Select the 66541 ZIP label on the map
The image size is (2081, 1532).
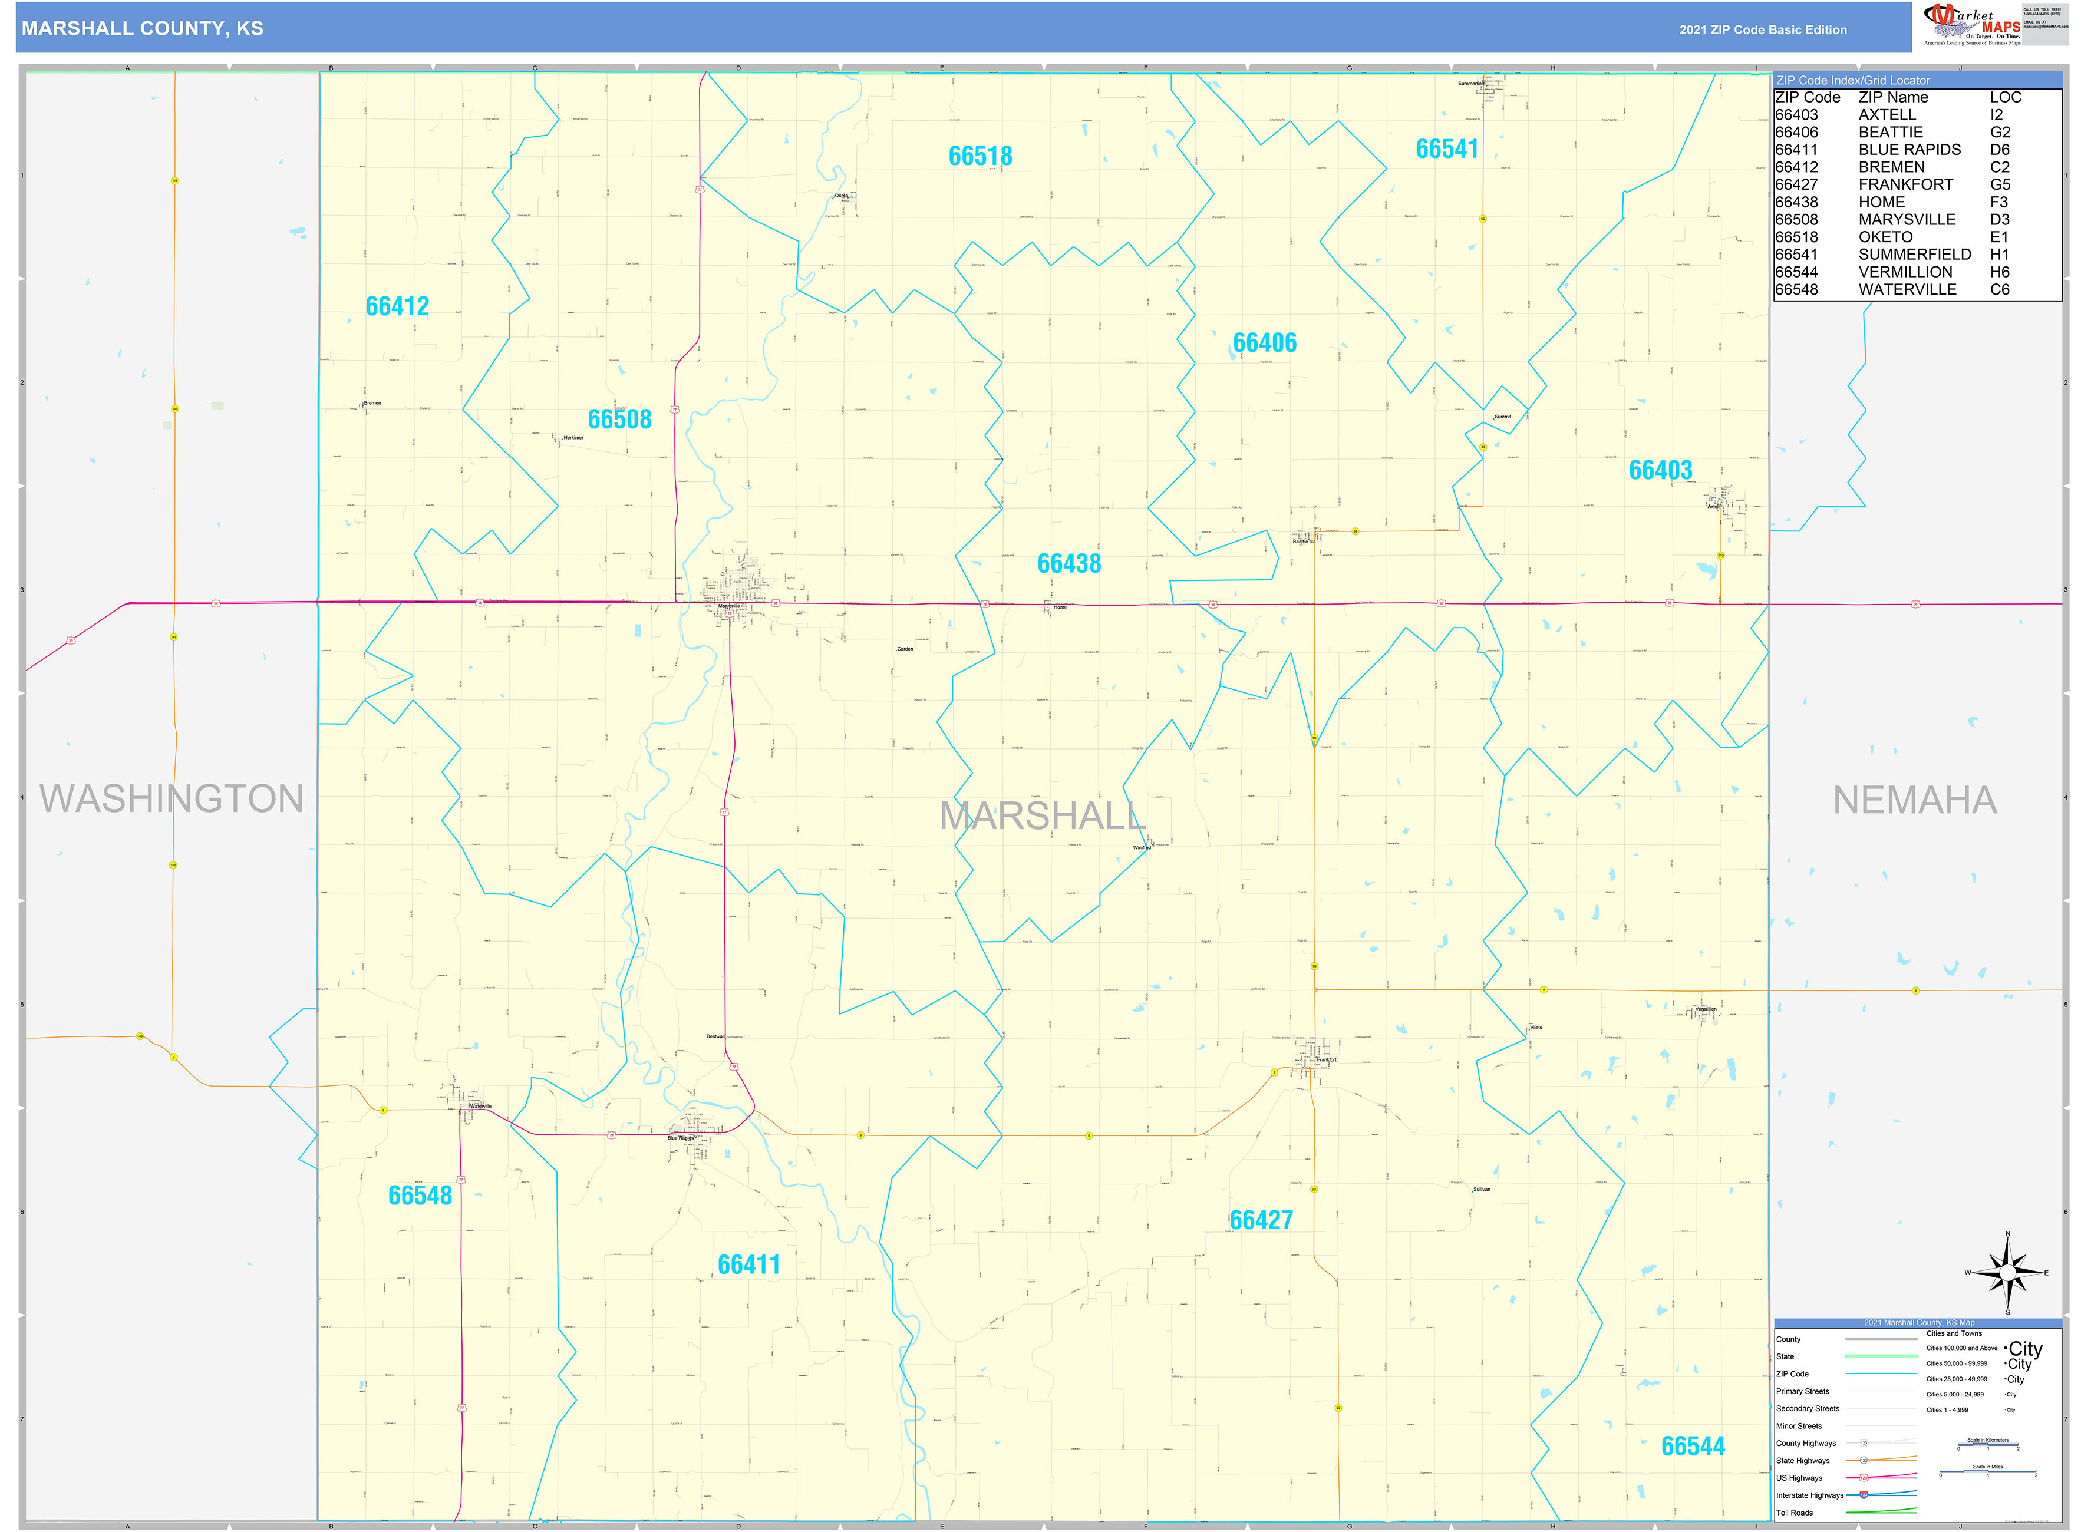coord(1447,148)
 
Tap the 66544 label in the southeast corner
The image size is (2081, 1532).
coord(1693,1446)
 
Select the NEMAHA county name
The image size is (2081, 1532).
coord(1914,800)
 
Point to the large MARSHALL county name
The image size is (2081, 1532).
coord(1043,816)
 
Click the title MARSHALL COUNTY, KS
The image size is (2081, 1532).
coord(142,29)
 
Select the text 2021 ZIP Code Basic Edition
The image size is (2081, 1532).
coord(1762,29)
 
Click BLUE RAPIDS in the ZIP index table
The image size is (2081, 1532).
coord(1908,149)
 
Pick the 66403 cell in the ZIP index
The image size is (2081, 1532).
coord(1796,115)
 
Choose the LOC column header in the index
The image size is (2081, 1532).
coord(2005,97)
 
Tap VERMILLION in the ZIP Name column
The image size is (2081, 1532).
coord(1905,272)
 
